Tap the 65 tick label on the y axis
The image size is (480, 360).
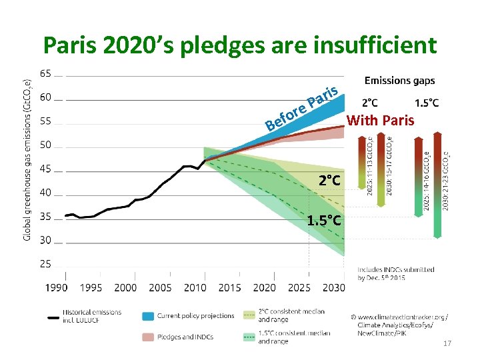click(46, 73)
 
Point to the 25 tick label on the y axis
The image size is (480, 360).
click(46, 264)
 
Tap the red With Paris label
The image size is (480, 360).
click(381, 121)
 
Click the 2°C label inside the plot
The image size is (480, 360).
click(329, 181)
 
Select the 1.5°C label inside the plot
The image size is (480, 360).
click(325, 221)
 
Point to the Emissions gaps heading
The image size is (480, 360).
click(399, 81)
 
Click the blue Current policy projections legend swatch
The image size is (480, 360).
click(148, 316)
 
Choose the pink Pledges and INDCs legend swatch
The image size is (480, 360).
click(148, 337)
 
